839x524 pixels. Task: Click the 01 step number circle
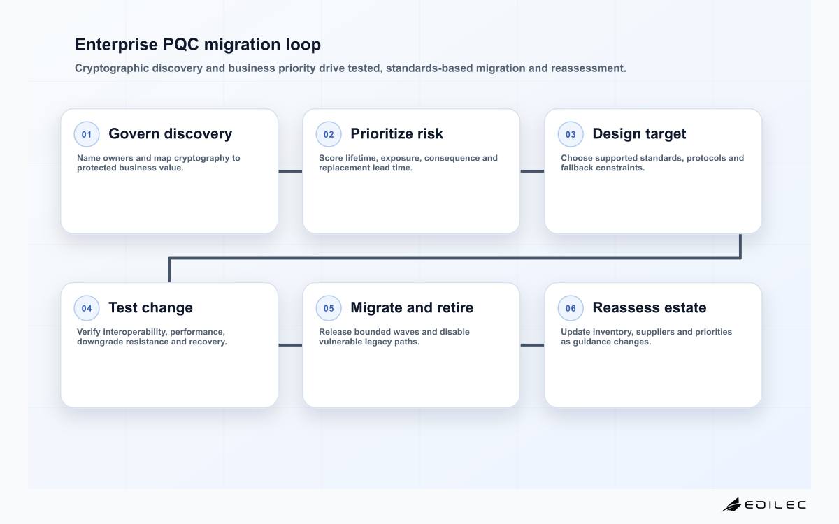coord(87,134)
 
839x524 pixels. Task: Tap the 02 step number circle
coord(329,134)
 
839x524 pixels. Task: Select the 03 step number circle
coord(571,134)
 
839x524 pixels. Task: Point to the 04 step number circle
coord(87,308)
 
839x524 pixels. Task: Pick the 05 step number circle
coord(329,308)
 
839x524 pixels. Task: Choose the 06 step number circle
coord(571,308)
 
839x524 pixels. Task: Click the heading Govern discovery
coord(171,134)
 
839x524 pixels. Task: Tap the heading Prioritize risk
coord(396,133)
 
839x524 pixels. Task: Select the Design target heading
coord(639,134)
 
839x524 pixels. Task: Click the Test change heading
coord(150,307)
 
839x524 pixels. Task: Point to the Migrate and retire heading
coord(412,307)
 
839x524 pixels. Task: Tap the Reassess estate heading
coord(649,307)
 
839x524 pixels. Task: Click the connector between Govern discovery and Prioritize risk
coord(290,171)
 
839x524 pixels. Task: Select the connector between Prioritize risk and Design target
coord(532,171)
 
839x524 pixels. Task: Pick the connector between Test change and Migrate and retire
coord(290,345)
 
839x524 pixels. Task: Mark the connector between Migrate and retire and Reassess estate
coord(532,345)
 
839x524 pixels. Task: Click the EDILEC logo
coord(763,504)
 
